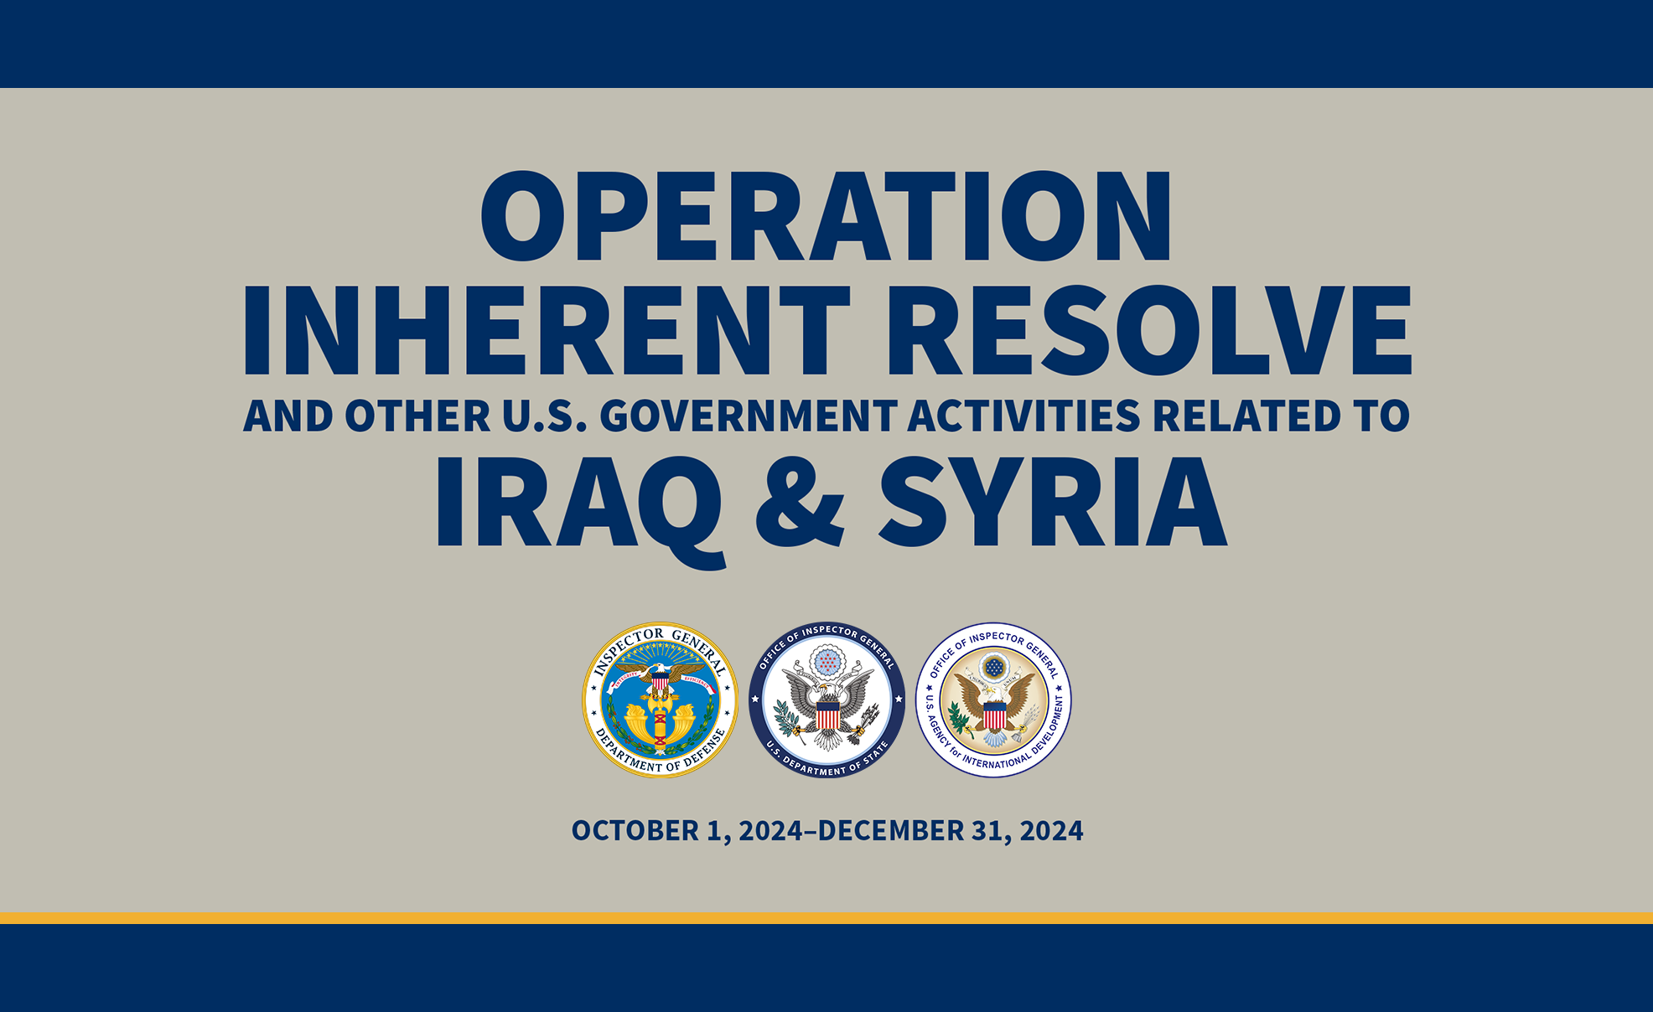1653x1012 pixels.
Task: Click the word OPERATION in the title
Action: [x=826, y=216]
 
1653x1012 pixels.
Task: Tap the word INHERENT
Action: [x=547, y=330]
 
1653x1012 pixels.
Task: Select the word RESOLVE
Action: [x=1149, y=330]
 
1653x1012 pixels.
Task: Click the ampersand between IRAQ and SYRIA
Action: [x=800, y=502]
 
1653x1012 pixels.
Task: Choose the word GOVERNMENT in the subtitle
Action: [x=749, y=416]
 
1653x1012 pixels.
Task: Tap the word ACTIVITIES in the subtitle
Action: [x=1024, y=416]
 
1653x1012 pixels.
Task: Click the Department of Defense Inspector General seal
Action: [x=661, y=700]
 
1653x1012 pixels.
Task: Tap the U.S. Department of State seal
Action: [x=826, y=700]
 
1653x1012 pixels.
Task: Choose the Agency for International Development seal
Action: [x=993, y=700]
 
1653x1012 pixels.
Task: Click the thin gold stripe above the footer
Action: [x=826, y=918]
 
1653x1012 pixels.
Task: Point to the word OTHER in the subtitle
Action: [x=417, y=416]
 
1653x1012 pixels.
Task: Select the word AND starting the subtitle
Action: [x=288, y=416]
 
